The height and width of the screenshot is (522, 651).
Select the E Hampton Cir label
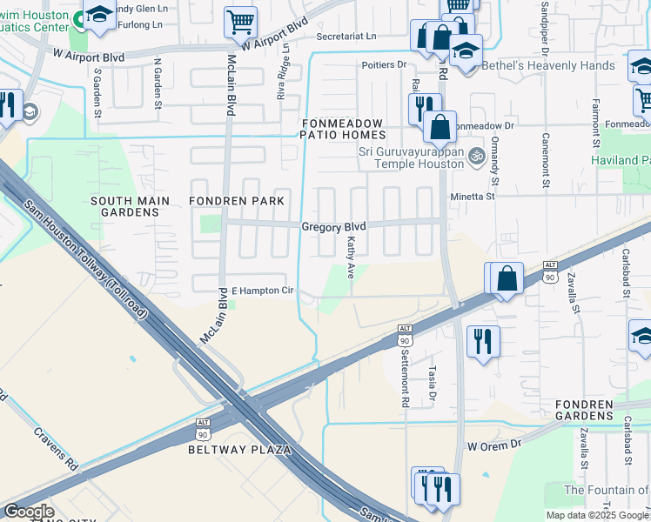[x=262, y=291]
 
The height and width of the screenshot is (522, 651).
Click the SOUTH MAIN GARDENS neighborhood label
[x=124, y=206]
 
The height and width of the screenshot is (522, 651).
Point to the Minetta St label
[x=472, y=197]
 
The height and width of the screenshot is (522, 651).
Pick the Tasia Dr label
[x=432, y=380]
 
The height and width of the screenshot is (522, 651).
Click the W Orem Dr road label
[x=493, y=445]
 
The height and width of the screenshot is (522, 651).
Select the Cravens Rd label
[x=56, y=448]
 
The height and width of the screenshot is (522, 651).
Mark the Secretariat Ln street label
[x=346, y=37]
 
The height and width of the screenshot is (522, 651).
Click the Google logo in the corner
[x=28, y=512]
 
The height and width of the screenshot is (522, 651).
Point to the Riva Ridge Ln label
[x=281, y=80]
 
